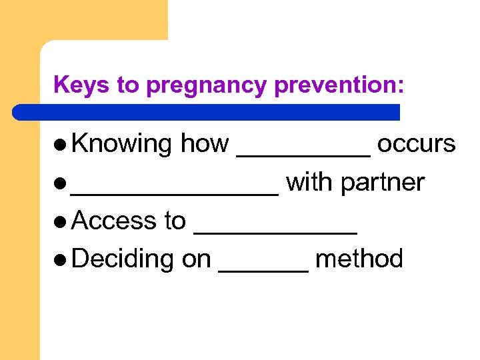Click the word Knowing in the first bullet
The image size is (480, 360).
(x=121, y=144)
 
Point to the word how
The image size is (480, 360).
(x=205, y=144)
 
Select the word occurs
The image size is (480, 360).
(x=416, y=144)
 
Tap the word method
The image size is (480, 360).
(x=359, y=259)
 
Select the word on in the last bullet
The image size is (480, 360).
(x=196, y=259)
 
